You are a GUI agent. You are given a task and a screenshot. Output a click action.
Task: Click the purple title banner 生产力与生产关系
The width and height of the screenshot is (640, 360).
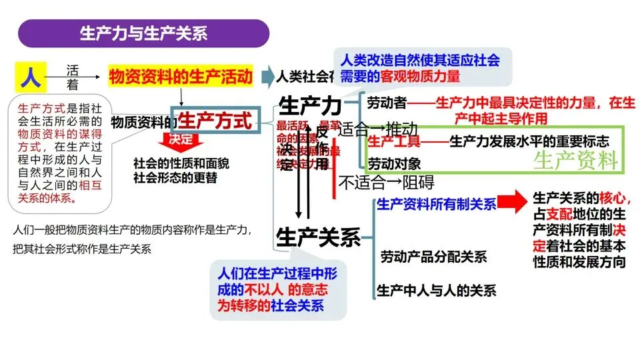click(143, 33)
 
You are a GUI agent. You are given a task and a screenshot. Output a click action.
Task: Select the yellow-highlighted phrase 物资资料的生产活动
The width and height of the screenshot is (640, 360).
click(181, 77)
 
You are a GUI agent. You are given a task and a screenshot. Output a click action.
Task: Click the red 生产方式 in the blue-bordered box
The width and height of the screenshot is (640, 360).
click(215, 121)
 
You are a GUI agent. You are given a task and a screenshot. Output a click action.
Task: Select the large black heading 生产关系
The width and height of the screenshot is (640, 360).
click(318, 237)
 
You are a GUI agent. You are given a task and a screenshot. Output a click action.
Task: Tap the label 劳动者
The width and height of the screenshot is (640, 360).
click(387, 103)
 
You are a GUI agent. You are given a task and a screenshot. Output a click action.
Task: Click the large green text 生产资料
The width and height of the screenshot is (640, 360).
click(576, 160)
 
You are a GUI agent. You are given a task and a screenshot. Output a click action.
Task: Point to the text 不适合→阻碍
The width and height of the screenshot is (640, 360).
click(386, 181)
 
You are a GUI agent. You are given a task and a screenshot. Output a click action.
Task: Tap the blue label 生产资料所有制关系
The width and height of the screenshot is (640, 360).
click(437, 205)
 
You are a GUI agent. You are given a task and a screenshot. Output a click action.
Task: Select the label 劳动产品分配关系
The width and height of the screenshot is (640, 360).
click(433, 257)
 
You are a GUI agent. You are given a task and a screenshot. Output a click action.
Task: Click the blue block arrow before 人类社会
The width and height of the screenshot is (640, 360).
click(267, 77)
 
